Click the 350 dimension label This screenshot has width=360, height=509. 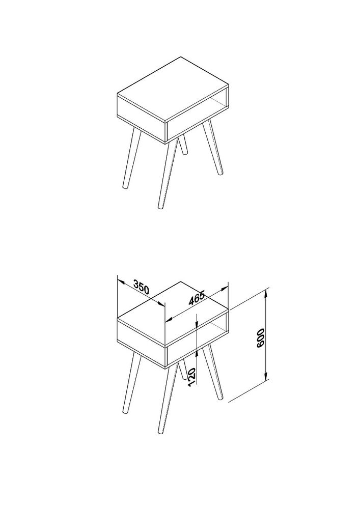coord(142,288)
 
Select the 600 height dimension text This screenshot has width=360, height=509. coord(261,338)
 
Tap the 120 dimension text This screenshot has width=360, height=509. coord(192,377)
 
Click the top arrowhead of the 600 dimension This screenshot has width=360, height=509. coord(266,293)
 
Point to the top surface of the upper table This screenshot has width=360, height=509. coord(173,90)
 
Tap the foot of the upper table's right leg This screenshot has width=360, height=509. coord(221,173)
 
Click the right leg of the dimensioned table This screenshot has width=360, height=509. coord(213,373)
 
